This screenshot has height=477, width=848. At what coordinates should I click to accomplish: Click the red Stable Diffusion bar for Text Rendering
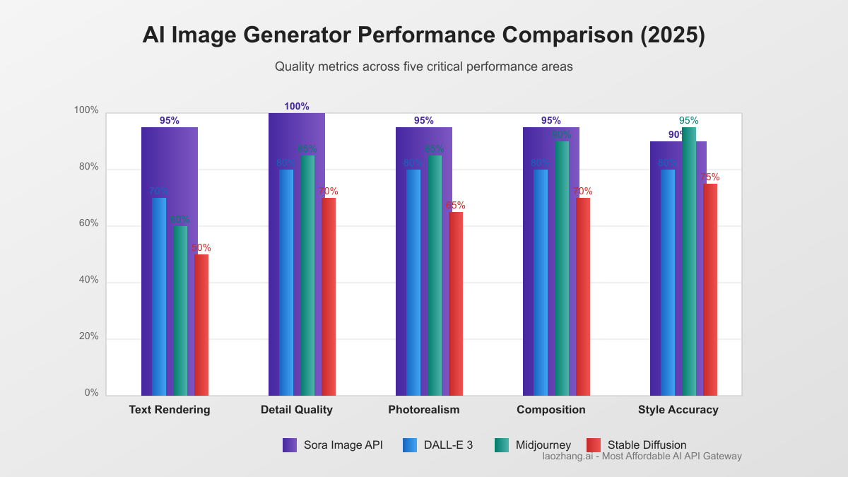[x=201, y=325]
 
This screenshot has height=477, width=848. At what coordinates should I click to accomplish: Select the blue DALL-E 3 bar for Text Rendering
[x=159, y=297]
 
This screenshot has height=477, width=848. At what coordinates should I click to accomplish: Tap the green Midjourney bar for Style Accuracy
[x=689, y=261]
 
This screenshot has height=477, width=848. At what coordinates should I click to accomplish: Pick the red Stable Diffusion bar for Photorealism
[x=456, y=304]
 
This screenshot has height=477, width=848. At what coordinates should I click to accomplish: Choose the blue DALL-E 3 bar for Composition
[x=541, y=283]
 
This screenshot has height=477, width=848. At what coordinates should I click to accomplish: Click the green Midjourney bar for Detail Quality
[x=307, y=276]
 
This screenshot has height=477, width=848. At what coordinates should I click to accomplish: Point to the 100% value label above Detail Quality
[x=297, y=107]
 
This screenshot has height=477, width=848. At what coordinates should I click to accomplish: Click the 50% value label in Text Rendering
[x=201, y=248]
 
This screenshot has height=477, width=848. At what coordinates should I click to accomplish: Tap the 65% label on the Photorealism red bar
[x=456, y=206]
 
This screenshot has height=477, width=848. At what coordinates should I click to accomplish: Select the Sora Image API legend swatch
[x=290, y=445]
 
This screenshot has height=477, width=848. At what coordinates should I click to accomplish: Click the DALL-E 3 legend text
[x=448, y=445]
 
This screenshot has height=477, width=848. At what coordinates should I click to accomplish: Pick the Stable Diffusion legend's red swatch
[x=594, y=445]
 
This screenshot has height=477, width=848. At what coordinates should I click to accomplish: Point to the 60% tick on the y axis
[x=88, y=224]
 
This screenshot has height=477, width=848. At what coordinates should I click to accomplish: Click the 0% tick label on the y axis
[x=91, y=393]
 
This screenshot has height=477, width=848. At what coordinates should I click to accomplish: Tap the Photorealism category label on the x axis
[x=424, y=410]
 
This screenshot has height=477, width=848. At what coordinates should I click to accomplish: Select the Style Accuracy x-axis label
[x=678, y=410]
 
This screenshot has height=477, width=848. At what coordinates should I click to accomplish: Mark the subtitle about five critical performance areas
[x=424, y=67]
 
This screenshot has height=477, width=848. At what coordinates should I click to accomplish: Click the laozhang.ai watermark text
[x=642, y=457]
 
